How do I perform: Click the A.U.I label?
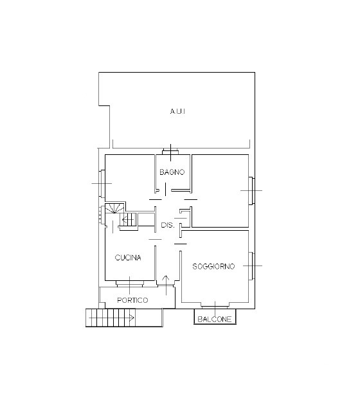[x=177, y=111]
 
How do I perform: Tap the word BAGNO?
[x=172, y=172]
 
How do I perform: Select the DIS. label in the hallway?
[x=168, y=225]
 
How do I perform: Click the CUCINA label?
[x=128, y=258]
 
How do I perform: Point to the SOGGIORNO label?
[x=213, y=266]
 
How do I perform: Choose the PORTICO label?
[x=132, y=300]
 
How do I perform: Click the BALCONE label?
[x=215, y=319]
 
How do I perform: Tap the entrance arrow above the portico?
[x=166, y=285]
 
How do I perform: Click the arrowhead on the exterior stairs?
[x=131, y=318]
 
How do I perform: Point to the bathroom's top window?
[x=170, y=152]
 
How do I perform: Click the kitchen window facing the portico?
[x=129, y=283]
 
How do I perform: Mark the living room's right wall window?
[x=251, y=265]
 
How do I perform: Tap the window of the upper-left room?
[x=102, y=184]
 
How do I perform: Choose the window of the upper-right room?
[x=251, y=191]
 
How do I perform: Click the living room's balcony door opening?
[x=215, y=305]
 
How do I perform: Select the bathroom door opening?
[x=165, y=190]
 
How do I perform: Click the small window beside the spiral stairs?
[x=102, y=215]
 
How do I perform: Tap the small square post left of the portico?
[x=102, y=305]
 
